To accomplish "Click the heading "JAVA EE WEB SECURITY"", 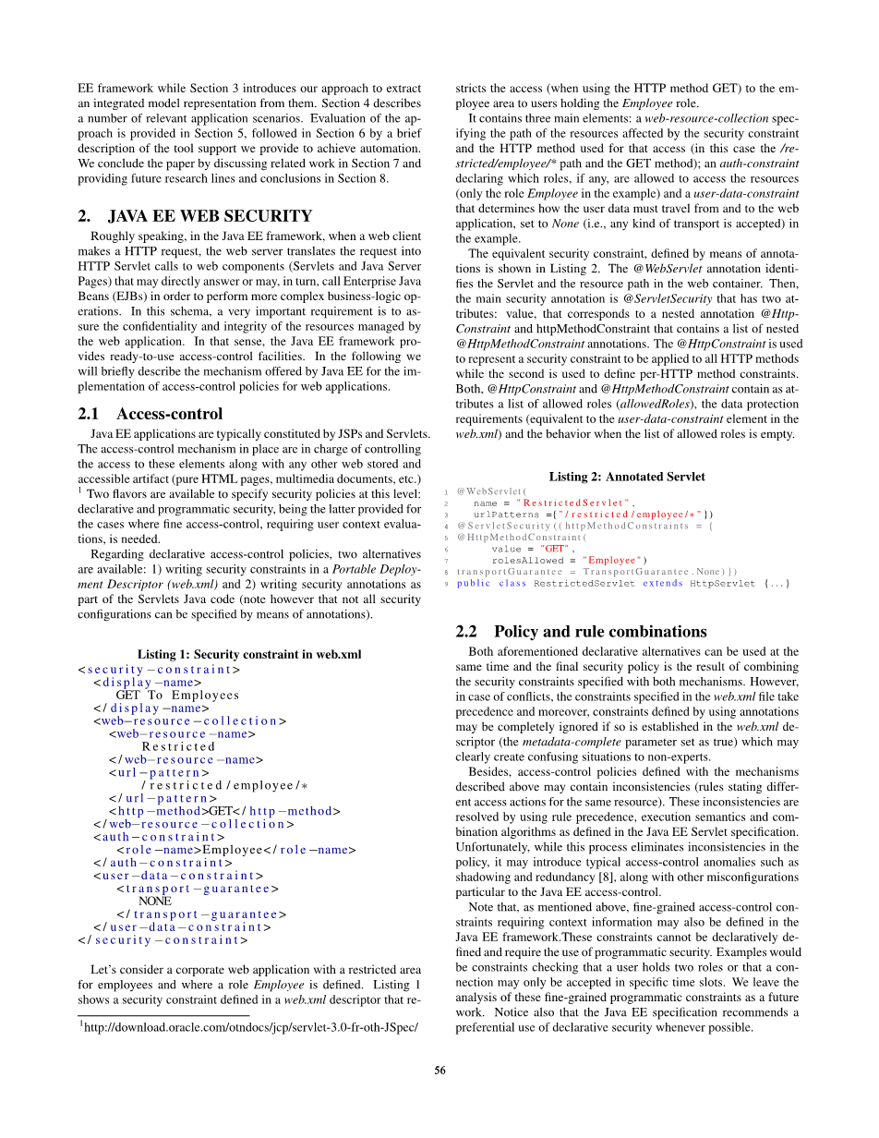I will click(x=210, y=216).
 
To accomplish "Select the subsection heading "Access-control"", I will click(x=169, y=414).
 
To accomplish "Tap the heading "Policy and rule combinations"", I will click(x=600, y=632).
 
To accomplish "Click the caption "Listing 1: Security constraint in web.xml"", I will click(x=249, y=654).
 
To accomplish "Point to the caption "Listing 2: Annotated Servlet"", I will click(x=627, y=477).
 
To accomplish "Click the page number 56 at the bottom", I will click(x=439, y=1071).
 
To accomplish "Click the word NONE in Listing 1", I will click(x=155, y=901).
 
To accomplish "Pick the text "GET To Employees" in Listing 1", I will click(x=177, y=695).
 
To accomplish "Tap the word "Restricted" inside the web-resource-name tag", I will click(x=179, y=746).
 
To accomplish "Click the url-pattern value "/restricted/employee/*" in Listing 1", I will click(x=222, y=785).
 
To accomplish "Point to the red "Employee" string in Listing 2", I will click(x=611, y=560).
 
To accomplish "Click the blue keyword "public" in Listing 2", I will click(x=474, y=583).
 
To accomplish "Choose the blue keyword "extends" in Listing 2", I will click(x=663, y=583).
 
